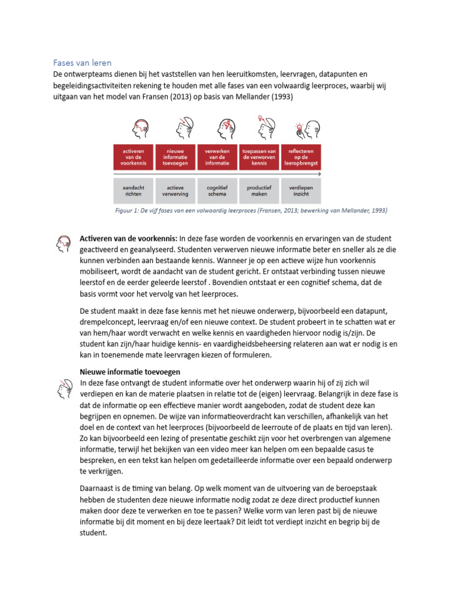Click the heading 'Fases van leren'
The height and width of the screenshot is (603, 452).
(x=82, y=62)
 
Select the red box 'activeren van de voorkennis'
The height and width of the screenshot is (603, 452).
(x=134, y=158)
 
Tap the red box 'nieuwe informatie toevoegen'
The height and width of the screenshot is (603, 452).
(x=175, y=158)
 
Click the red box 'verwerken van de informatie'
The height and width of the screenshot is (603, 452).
(x=217, y=158)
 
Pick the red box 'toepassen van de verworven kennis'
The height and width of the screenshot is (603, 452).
(x=259, y=158)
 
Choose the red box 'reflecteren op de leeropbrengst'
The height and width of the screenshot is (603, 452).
(x=301, y=158)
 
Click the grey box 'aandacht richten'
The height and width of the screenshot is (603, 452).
(x=134, y=191)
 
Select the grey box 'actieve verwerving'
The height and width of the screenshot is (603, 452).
(x=175, y=191)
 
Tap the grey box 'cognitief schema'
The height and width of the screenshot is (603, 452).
(x=217, y=191)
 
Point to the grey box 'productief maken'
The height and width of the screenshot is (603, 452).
(x=259, y=191)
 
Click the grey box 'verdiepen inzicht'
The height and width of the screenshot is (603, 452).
(x=301, y=191)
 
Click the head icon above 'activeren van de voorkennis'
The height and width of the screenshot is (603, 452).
(x=141, y=128)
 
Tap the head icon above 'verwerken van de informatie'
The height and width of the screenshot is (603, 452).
(x=226, y=128)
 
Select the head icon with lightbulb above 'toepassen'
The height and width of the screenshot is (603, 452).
(x=265, y=127)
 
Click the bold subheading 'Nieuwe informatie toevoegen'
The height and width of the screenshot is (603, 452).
(x=129, y=372)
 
